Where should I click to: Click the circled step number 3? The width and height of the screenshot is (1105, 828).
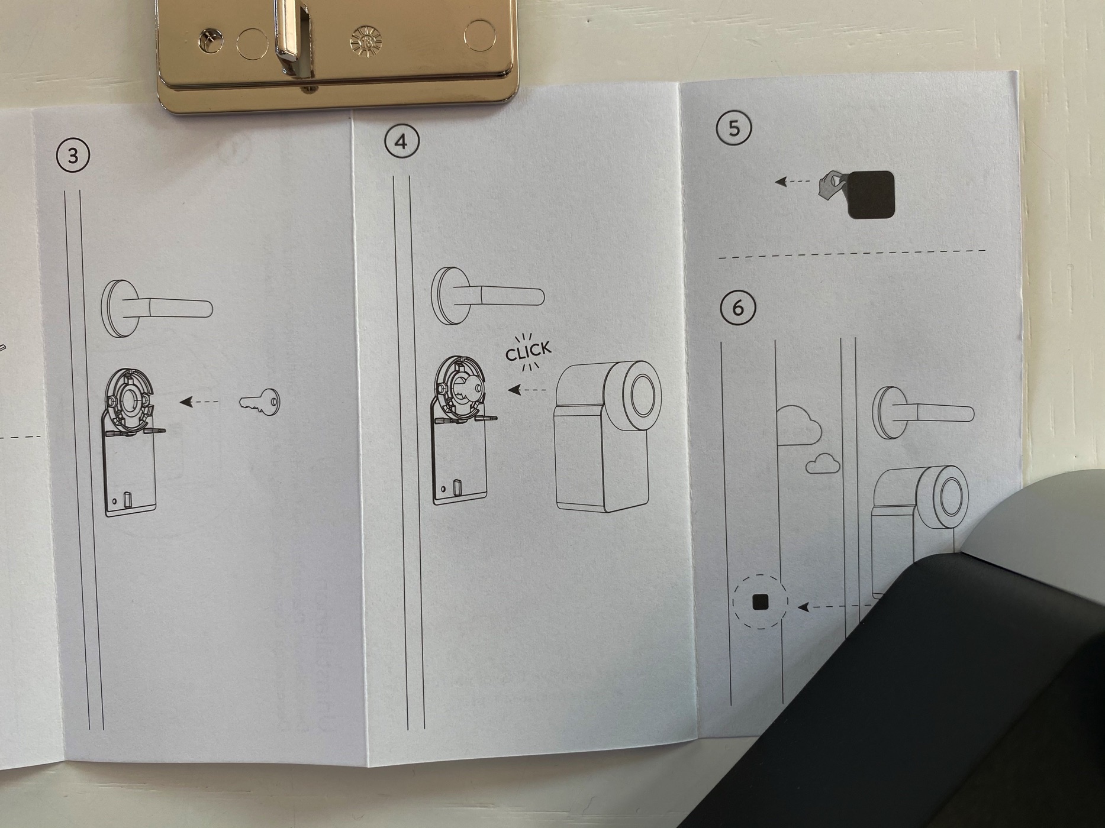coord(73,156)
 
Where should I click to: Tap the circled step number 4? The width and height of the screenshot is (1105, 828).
coord(401,142)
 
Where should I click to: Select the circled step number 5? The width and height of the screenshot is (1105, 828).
coord(734,128)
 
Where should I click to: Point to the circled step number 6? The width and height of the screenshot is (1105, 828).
coord(737,308)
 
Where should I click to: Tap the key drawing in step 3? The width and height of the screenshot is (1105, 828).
coord(260,402)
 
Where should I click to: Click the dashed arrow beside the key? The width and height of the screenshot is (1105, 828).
coord(199,402)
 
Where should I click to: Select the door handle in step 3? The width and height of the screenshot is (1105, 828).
coord(157,309)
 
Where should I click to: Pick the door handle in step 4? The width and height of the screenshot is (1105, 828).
coord(487,296)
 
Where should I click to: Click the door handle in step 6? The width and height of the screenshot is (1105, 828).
coord(923,412)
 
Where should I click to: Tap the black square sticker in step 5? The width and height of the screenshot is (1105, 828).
coord(871,195)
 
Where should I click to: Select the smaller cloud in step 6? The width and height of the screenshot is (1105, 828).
coord(823,464)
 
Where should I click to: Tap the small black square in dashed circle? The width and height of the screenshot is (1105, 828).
coord(760,602)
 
